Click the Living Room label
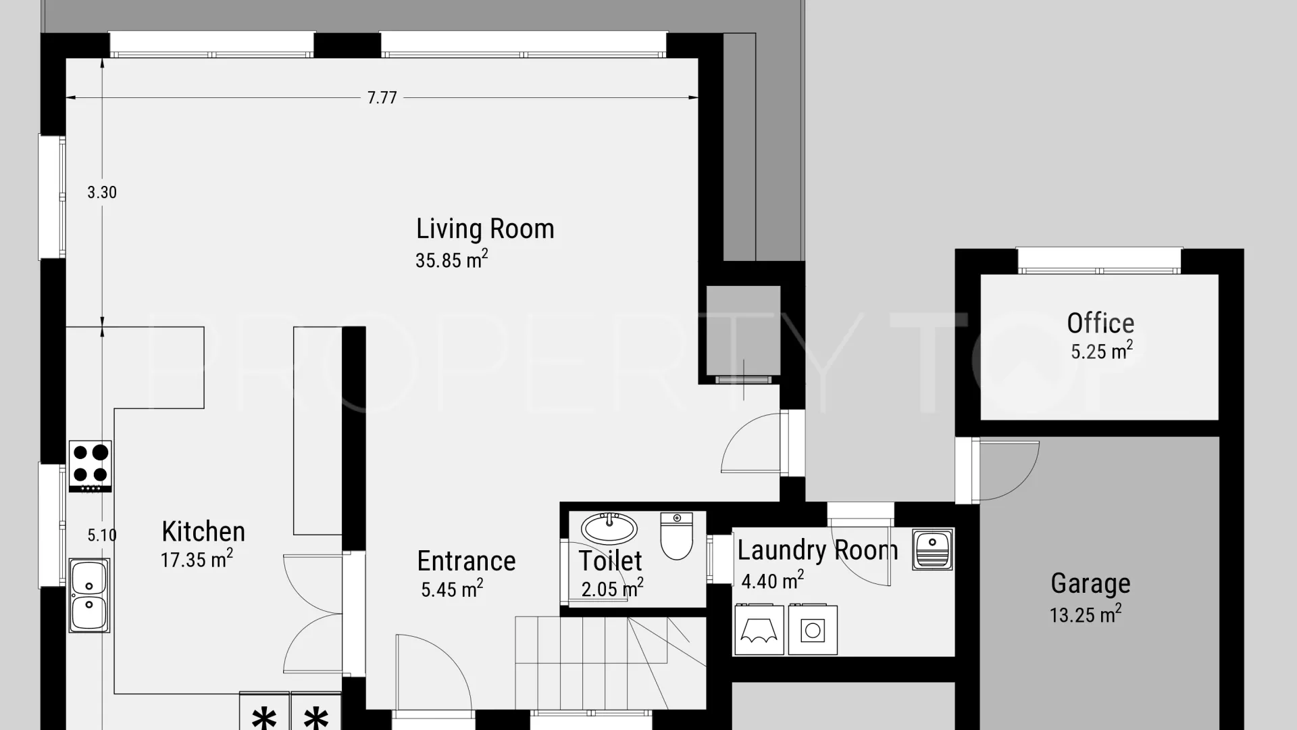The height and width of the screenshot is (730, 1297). coord(485,229)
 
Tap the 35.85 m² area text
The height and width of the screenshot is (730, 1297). coord(451,260)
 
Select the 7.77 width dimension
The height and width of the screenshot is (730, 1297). coord(382,98)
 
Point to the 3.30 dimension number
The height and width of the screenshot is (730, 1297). coord(102,193)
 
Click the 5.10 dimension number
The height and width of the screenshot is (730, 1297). coord(102,535)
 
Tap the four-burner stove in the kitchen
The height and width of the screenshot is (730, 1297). coord(91,466)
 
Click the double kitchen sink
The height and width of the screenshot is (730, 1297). coord(89,595)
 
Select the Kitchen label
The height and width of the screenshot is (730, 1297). coord(203,532)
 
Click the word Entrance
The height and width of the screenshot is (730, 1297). coord(466,561)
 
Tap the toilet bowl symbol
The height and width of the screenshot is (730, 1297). coord(676,536)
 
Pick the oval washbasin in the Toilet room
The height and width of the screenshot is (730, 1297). coord(609,528)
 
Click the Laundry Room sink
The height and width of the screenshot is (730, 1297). coord(933,549)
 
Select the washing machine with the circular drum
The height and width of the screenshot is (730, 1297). coord(813,630)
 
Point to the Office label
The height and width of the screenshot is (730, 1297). coord(1100,323)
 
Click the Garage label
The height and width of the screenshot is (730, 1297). coord(1090,583)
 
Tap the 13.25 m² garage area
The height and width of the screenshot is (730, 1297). coord(1085,614)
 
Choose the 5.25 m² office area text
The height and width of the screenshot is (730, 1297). coord(1101,351)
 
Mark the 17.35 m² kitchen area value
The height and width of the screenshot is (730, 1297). coord(197,559)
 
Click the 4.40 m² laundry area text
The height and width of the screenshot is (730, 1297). coord(772,580)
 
